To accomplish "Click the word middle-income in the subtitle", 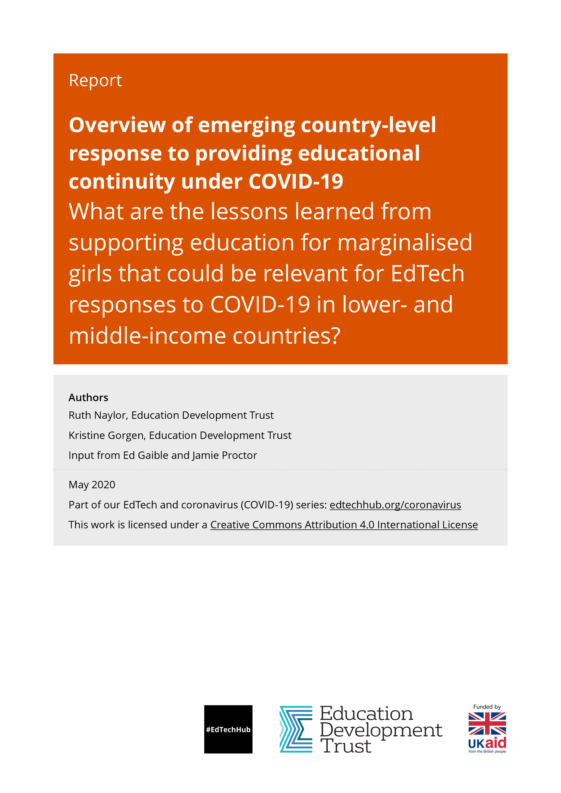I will coord(147,336).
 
